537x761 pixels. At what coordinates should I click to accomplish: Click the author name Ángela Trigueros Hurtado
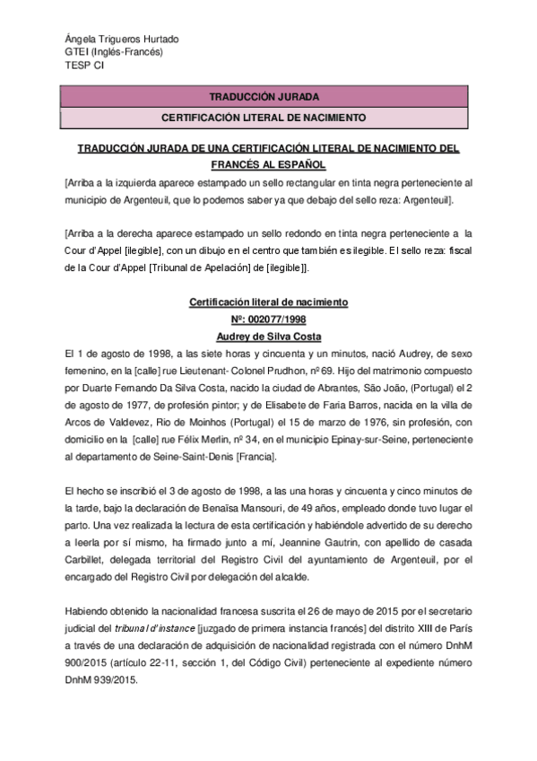pyautogui.click(x=122, y=39)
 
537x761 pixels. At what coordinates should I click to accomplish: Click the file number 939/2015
pyautogui.click(x=112, y=680)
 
